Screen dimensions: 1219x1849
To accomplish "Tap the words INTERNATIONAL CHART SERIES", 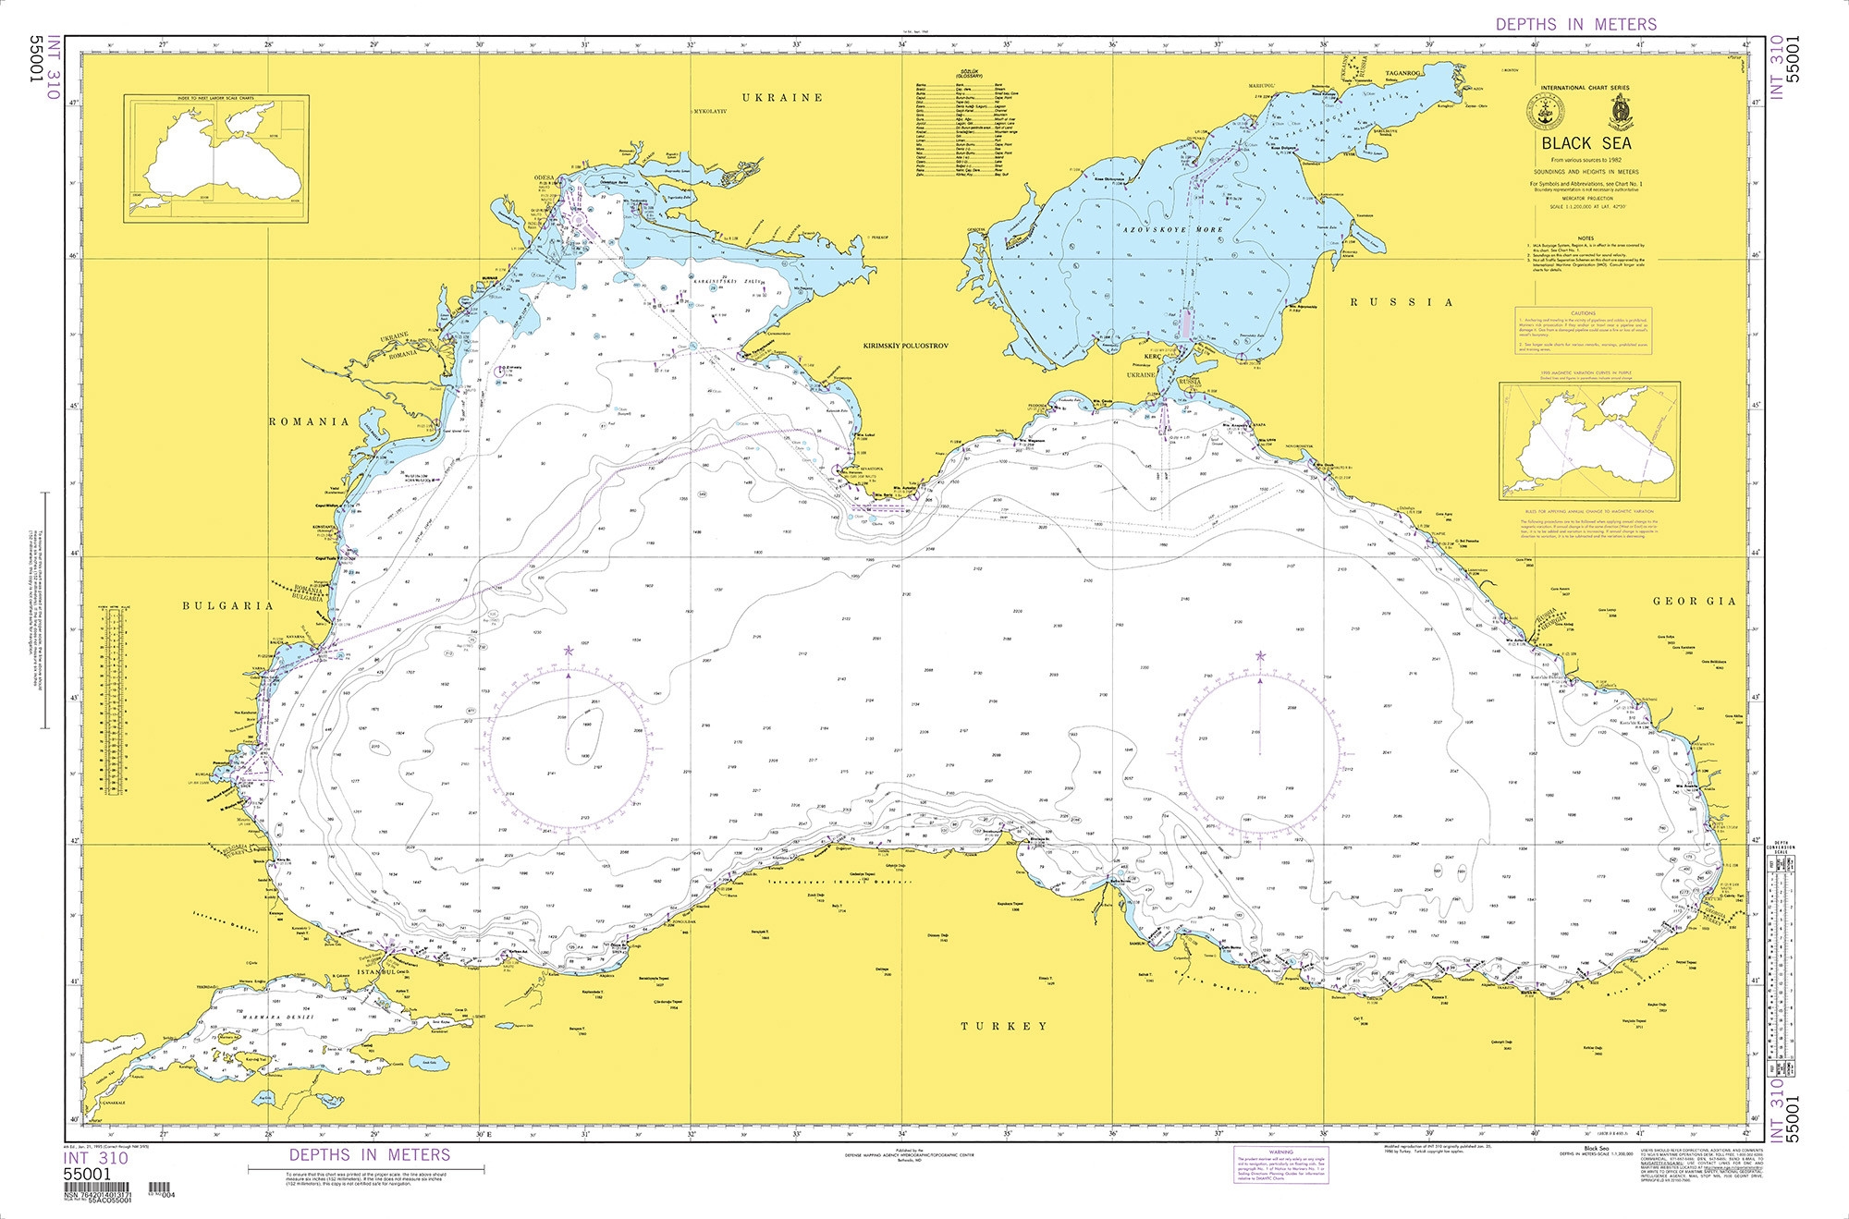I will [x=1585, y=88].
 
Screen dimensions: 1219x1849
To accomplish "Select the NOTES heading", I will [x=1586, y=238].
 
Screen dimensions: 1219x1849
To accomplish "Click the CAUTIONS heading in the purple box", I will [x=1583, y=313].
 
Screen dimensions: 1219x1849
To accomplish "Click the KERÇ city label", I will [x=1152, y=356].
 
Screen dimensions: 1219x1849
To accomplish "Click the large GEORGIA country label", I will [x=1694, y=601].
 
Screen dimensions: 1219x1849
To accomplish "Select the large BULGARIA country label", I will [x=227, y=606].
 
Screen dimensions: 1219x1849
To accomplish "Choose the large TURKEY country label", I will [x=1003, y=1026].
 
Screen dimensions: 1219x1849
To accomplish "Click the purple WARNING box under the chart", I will [x=1280, y=1165].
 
